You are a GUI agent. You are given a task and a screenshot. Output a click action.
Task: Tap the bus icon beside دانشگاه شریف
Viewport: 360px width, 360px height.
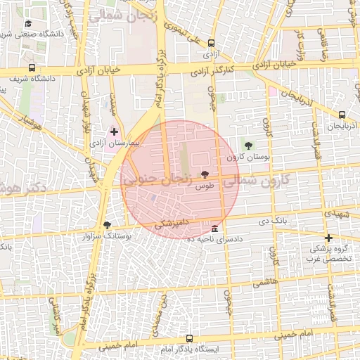(x=32, y=68)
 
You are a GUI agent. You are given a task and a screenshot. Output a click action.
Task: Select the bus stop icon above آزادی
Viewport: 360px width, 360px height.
(x=211, y=43)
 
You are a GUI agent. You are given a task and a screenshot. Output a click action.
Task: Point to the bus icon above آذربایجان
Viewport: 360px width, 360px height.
(x=342, y=115)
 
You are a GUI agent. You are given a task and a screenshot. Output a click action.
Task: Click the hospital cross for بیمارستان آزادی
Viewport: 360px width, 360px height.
(x=114, y=131)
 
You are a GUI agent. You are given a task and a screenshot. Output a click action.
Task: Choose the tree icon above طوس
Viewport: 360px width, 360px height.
(x=204, y=174)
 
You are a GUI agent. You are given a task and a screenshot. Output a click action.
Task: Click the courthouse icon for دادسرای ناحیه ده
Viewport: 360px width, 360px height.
(x=214, y=229)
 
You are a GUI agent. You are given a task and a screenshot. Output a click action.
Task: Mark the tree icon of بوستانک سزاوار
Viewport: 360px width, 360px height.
(x=107, y=225)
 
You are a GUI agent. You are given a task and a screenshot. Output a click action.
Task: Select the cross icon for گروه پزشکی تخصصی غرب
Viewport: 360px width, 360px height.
(x=328, y=238)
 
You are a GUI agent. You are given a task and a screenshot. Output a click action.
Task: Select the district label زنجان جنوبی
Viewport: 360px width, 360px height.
(x=157, y=180)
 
